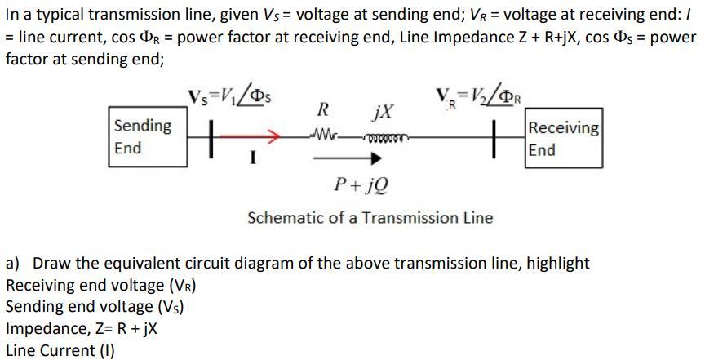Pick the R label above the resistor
coord(323,109)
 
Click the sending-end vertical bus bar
coord(211,131)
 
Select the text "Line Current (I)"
coord(60,351)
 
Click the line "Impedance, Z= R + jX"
coord(82,329)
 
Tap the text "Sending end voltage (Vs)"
coord(95,307)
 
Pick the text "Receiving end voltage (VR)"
coord(101,286)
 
